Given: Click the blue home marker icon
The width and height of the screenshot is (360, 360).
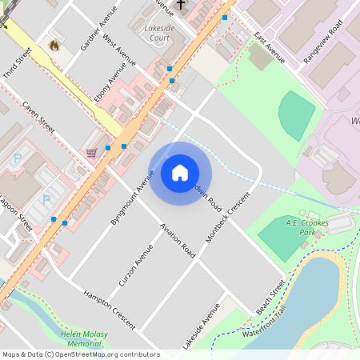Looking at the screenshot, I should (180, 173).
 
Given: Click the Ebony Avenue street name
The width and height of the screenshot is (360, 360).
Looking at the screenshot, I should (110, 87).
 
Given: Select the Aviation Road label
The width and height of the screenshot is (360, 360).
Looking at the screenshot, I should (178, 239).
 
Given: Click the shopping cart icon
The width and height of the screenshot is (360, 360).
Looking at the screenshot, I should (92, 152).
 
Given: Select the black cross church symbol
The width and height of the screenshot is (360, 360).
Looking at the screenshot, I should (181, 5).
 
